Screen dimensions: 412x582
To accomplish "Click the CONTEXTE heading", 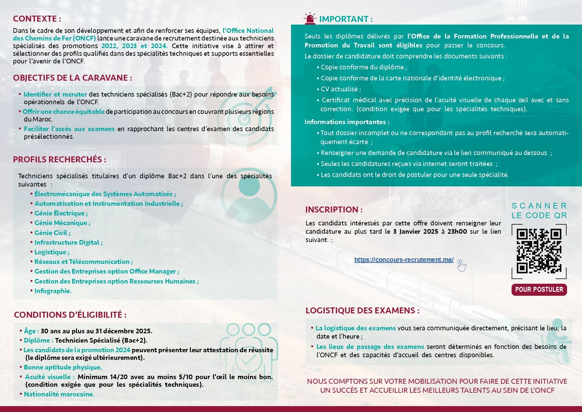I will click(x=37, y=19).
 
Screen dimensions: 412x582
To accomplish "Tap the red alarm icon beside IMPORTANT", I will click(x=310, y=19).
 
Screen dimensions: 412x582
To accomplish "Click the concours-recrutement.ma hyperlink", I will click(x=403, y=260).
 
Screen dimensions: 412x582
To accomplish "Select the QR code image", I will click(x=539, y=251).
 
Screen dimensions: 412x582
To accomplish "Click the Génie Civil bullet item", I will click(x=52, y=233).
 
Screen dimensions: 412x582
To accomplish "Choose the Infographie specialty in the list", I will click(x=53, y=291).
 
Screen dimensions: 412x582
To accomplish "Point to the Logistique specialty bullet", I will click(x=51, y=252).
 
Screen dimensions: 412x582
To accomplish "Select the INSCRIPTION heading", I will click(x=334, y=209).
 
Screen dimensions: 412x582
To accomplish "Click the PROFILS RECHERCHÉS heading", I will click(x=59, y=159).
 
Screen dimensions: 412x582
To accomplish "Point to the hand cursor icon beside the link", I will click(x=462, y=265).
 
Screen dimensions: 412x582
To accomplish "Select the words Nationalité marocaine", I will click(x=59, y=394).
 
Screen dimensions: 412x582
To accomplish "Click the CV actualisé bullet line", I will click(x=340, y=89).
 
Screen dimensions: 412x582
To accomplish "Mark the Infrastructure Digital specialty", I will click(x=68, y=242).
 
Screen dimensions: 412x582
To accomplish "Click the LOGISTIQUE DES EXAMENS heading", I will click(x=362, y=310).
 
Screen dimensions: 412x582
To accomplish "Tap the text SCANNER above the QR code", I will click(x=539, y=206).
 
